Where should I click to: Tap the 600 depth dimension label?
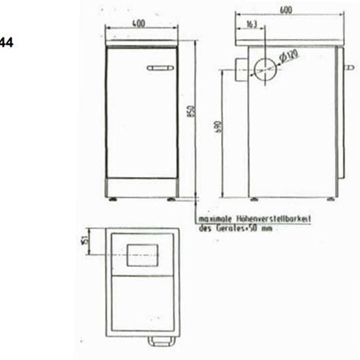287,11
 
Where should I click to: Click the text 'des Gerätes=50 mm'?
235,229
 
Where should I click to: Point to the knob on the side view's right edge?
348,69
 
